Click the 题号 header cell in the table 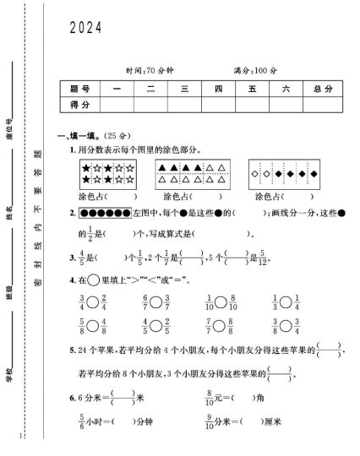point(79,89)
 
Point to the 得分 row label point(79,104)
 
